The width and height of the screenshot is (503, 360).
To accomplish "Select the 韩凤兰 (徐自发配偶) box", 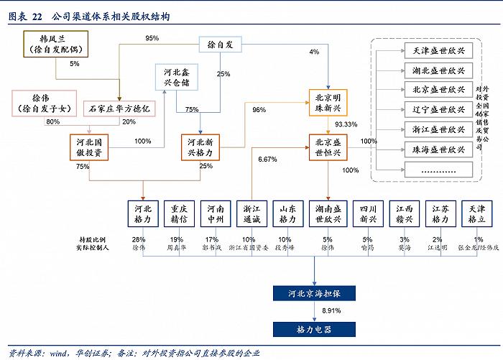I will tap(55, 44).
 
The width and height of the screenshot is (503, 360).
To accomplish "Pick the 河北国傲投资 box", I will tap(91, 147).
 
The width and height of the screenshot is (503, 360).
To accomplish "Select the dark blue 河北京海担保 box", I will tap(314, 293).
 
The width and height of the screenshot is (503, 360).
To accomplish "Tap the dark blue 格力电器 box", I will tap(314, 329).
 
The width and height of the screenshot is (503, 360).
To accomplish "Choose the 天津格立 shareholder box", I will tap(476, 213).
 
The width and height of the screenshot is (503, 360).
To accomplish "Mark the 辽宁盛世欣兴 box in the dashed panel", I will tap(439, 109).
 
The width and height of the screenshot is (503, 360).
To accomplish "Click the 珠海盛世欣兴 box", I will tap(439, 149).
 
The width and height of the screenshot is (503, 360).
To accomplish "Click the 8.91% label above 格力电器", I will tap(331, 310).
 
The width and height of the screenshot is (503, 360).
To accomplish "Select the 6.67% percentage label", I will tap(268, 160).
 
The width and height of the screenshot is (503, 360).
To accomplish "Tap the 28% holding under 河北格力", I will tap(139, 239).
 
